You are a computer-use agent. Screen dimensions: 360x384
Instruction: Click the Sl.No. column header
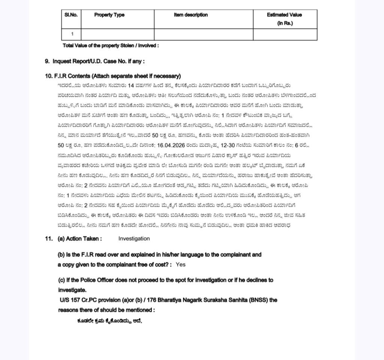pyautogui.click(x=72, y=15)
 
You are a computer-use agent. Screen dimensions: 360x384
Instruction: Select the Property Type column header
pyautogui.click(x=109, y=15)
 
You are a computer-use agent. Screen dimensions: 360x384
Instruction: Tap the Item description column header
pyautogui.click(x=190, y=15)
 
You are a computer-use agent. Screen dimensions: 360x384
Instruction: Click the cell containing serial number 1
pyautogui.click(x=72, y=34)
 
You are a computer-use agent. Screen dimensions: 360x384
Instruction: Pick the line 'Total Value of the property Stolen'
pyautogui.click(x=111, y=45)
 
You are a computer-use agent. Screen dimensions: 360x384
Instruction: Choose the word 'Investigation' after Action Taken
pyautogui.click(x=134, y=238)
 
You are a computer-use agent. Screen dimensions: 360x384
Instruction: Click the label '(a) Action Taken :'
pyautogui.click(x=79, y=238)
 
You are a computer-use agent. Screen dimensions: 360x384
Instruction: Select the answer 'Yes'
pyautogui.click(x=180, y=264)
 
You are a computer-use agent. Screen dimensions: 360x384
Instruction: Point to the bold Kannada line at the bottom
pyautogui.click(x=109, y=321)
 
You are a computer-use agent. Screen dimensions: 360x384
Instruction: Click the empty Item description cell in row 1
pyautogui.click(x=203, y=34)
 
